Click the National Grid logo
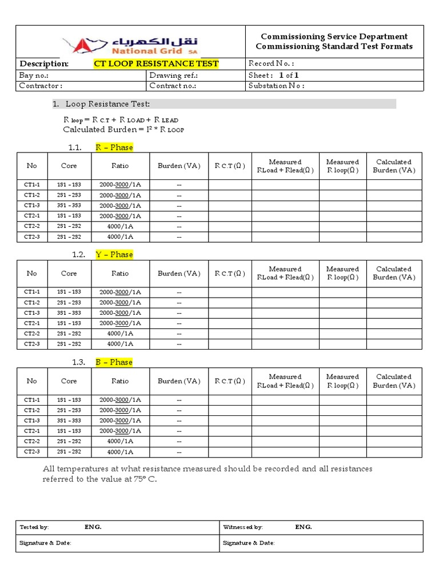pyautogui.click(x=130, y=43)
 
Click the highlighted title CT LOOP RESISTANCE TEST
pyautogui.click(x=156, y=63)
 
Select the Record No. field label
pyautogui.click(x=272, y=63)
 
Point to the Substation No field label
pyautogui.click(x=277, y=86)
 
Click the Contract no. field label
pyautogui.click(x=173, y=86)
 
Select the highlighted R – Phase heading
pyautogui.click(x=114, y=147)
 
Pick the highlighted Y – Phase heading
pyautogui.click(x=114, y=254)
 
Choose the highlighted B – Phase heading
pyautogui.click(x=114, y=362)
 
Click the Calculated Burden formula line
pyautogui.click(x=123, y=130)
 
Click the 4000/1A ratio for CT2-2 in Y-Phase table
pyautogui.click(x=120, y=333)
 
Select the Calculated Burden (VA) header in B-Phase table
pyautogui.click(x=394, y=381)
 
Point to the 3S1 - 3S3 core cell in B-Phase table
pyautogui.click(x=69, y=420)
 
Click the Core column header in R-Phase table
pyautogui.click(x=69, y=166)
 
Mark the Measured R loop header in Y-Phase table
pyautogui.click(x=342, y=273)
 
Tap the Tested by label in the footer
pyautogui.click(x=34, y=527)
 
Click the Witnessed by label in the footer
pyautogui.click(x=242, y=527)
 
